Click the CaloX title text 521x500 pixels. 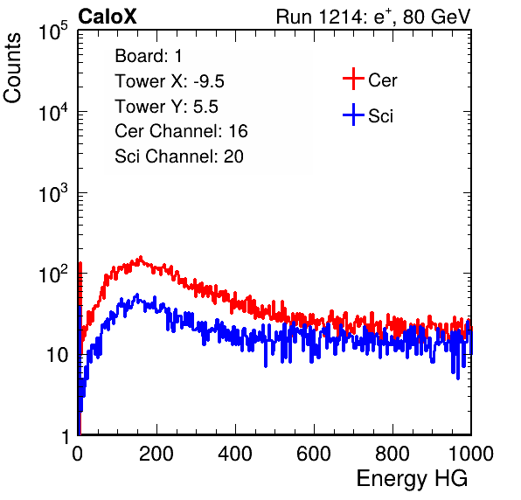108,17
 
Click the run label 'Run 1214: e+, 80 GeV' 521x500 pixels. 373,17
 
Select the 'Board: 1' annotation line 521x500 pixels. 149,56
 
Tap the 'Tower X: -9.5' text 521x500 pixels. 170,81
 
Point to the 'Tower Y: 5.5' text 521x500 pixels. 166,107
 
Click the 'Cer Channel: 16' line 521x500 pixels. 181,131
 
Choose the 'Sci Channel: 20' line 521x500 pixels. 179,156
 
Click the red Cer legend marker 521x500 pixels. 353,79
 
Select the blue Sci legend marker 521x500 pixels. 353,115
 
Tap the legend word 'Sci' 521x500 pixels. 380,116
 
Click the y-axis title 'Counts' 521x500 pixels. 12,68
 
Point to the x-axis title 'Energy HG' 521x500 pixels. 412,479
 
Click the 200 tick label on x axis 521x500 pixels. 156,454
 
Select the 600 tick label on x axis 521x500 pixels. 314,454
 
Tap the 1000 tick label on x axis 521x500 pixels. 471,454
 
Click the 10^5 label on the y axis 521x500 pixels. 54,31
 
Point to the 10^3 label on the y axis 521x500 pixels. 54,193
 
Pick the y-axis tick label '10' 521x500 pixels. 58,356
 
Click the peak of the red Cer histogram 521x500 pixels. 141,257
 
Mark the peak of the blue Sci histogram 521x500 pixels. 137,295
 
